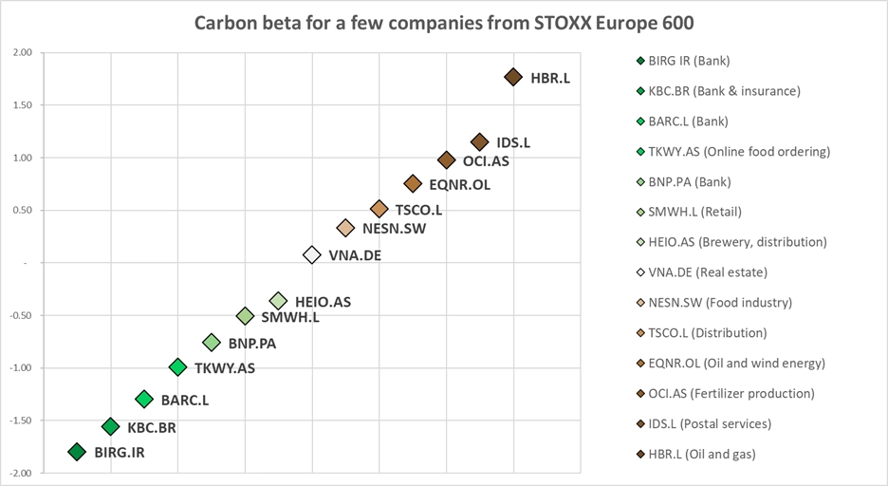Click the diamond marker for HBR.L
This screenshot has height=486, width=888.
pos(513,77)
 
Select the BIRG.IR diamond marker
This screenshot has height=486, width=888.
pos(77,452)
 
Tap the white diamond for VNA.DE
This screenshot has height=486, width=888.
pos(312,254)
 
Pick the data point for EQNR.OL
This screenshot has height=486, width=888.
pos(413,183)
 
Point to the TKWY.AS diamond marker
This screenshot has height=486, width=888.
pos(177,367)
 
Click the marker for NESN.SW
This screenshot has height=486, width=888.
pos(346,228)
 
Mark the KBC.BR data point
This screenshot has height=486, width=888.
pos(111,427)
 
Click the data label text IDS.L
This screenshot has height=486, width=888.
pos(513,142)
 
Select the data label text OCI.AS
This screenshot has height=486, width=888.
pos(486,161)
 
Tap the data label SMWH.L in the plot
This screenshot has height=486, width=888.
pos(290,317)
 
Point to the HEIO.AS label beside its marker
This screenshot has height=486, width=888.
pos(323,302)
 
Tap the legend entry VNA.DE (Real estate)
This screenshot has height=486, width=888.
pos(707,272)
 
